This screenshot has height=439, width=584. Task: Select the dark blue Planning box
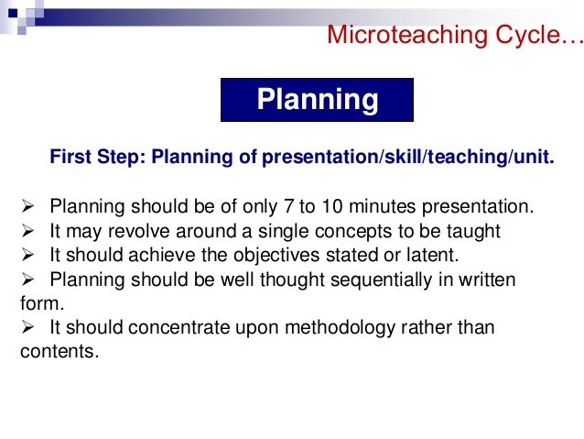tap(317, 100)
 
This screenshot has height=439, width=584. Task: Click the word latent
tap(427, 255)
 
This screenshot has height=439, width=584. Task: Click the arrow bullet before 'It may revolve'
tap(27, 230)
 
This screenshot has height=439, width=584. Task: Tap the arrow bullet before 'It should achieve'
tap(27, 255)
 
